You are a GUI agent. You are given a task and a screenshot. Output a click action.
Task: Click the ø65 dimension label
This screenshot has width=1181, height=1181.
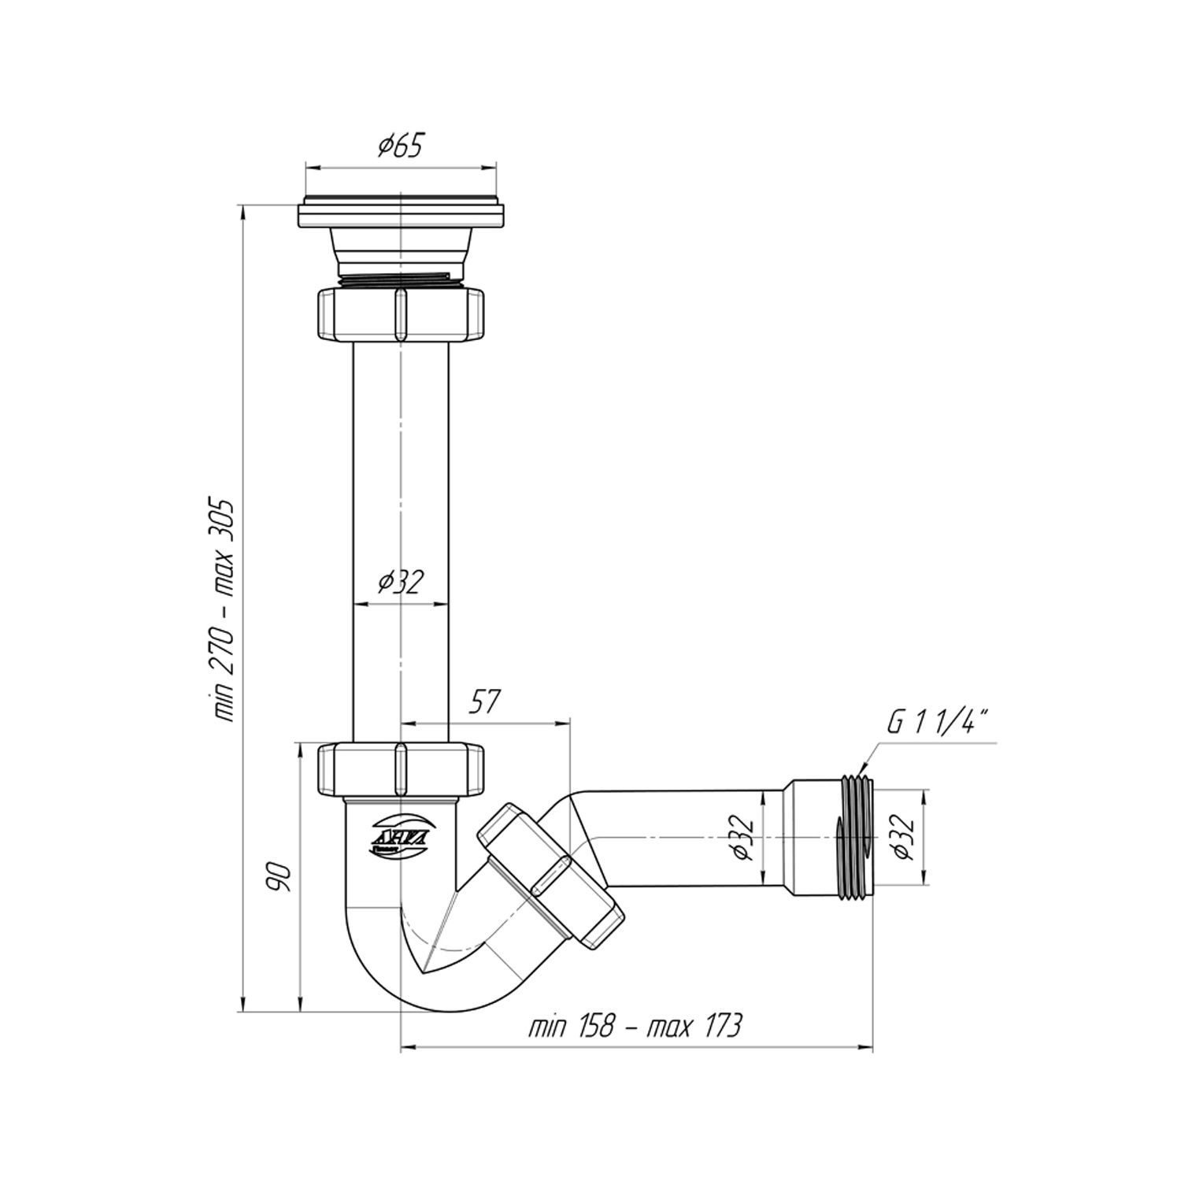[x=401, y=146]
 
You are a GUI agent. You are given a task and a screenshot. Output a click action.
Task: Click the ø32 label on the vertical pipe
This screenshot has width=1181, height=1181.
[x=401, y=582]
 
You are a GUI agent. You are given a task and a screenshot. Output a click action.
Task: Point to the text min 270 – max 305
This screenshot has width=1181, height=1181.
[x=224, y=609]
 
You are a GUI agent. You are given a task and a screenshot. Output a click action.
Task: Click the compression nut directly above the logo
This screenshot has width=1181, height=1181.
[x=400, y=769]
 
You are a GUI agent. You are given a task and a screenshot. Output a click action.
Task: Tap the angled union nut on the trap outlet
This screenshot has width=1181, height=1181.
[x=550, y=874]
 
